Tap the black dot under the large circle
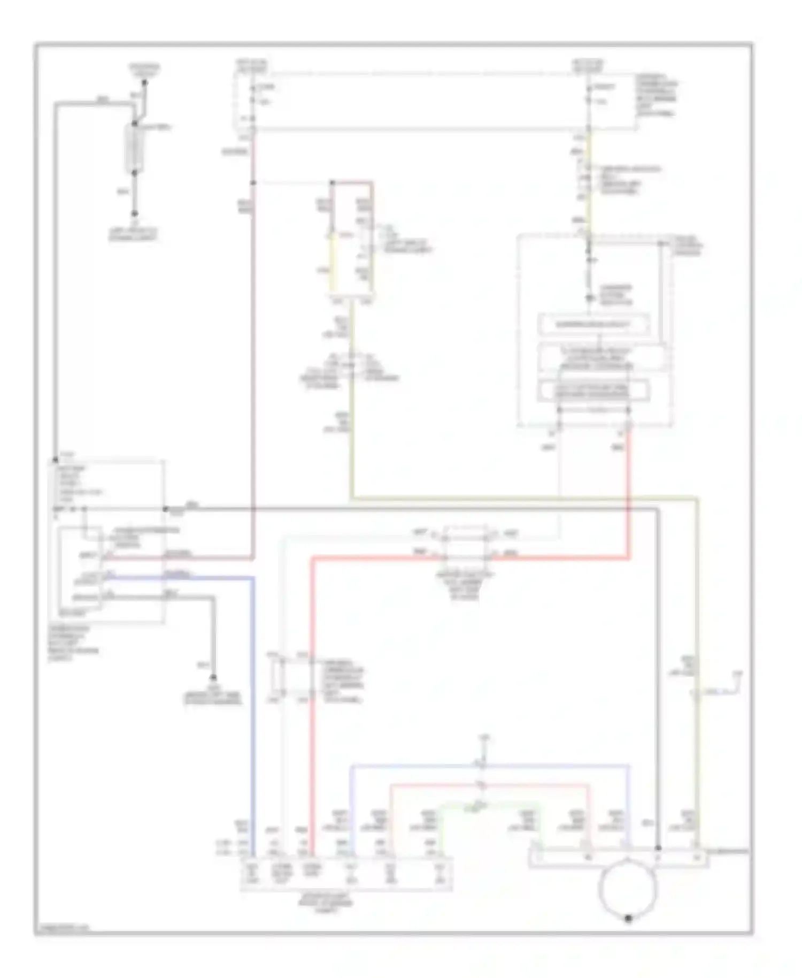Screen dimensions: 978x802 628,918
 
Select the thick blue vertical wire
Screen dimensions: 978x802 252,696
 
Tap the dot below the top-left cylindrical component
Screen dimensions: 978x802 135,213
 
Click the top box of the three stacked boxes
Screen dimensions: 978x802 593,325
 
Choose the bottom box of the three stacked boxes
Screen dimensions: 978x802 593,391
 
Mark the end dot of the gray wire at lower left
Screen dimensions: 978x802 213,677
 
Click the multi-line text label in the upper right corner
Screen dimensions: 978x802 657,95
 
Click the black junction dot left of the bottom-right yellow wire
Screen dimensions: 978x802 658,848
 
